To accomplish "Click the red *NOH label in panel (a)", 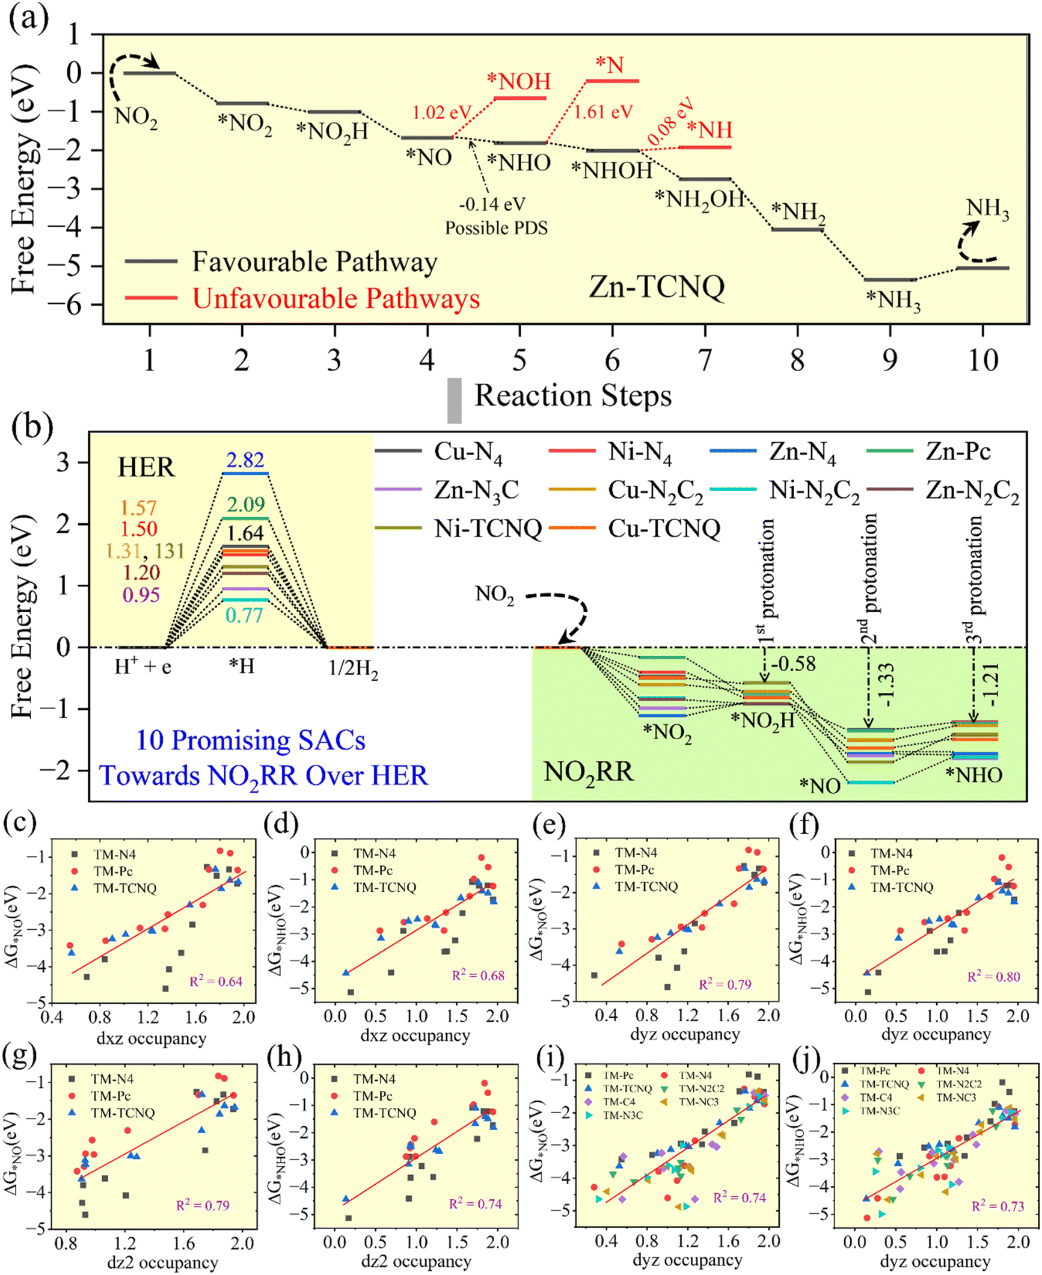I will [519, 82].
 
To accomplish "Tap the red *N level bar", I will [612, 81].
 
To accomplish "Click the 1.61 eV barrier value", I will [603, 112].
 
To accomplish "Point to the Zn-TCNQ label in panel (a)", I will [657, 286].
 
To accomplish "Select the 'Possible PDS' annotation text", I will [496, 228].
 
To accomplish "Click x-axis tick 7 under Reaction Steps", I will [705, 360].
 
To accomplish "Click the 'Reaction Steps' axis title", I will [572, 396].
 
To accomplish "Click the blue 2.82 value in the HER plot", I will [245, 460].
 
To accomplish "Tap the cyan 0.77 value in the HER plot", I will [244, 615].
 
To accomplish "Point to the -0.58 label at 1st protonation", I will [793, 664].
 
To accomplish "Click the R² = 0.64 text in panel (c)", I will [216, 982].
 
